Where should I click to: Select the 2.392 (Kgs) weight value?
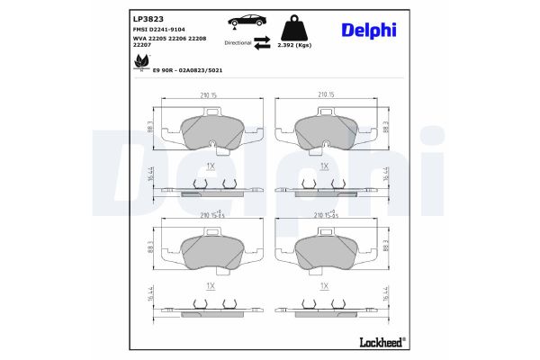296,42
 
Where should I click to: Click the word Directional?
238,42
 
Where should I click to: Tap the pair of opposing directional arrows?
263,42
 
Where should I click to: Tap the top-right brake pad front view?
326,132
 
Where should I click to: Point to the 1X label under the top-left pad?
210,166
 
